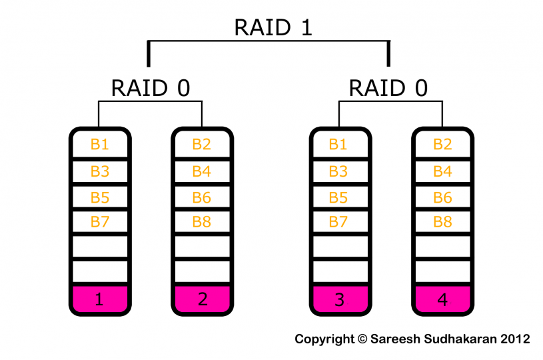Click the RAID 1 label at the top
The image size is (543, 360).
tap(273, 27)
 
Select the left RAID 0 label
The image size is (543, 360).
tap(150, 88)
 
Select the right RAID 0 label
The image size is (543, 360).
tap(388, 88)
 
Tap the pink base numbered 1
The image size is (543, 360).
tap(99, 299)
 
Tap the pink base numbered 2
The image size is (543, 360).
tap(202, 299)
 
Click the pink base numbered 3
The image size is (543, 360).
tap(339, 299)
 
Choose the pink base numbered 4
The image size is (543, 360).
tap(442, 299)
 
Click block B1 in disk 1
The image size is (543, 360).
tap(99, 145)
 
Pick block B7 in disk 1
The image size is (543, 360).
tap(99, 222)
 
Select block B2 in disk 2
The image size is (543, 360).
tap(202, 145)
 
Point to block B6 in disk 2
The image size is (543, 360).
tap(202, 197)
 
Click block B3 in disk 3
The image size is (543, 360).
tap(339, 171)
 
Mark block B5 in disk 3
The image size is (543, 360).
tap(339, 197)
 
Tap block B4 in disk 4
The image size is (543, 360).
tap(442, 171)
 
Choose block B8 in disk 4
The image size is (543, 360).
tap(442, 222)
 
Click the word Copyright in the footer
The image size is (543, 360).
tap(324, 339)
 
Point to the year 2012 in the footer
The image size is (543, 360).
tap(515, 339)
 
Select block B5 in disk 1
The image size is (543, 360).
tap(99, 197)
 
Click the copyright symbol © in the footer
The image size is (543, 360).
tap(362, 339)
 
